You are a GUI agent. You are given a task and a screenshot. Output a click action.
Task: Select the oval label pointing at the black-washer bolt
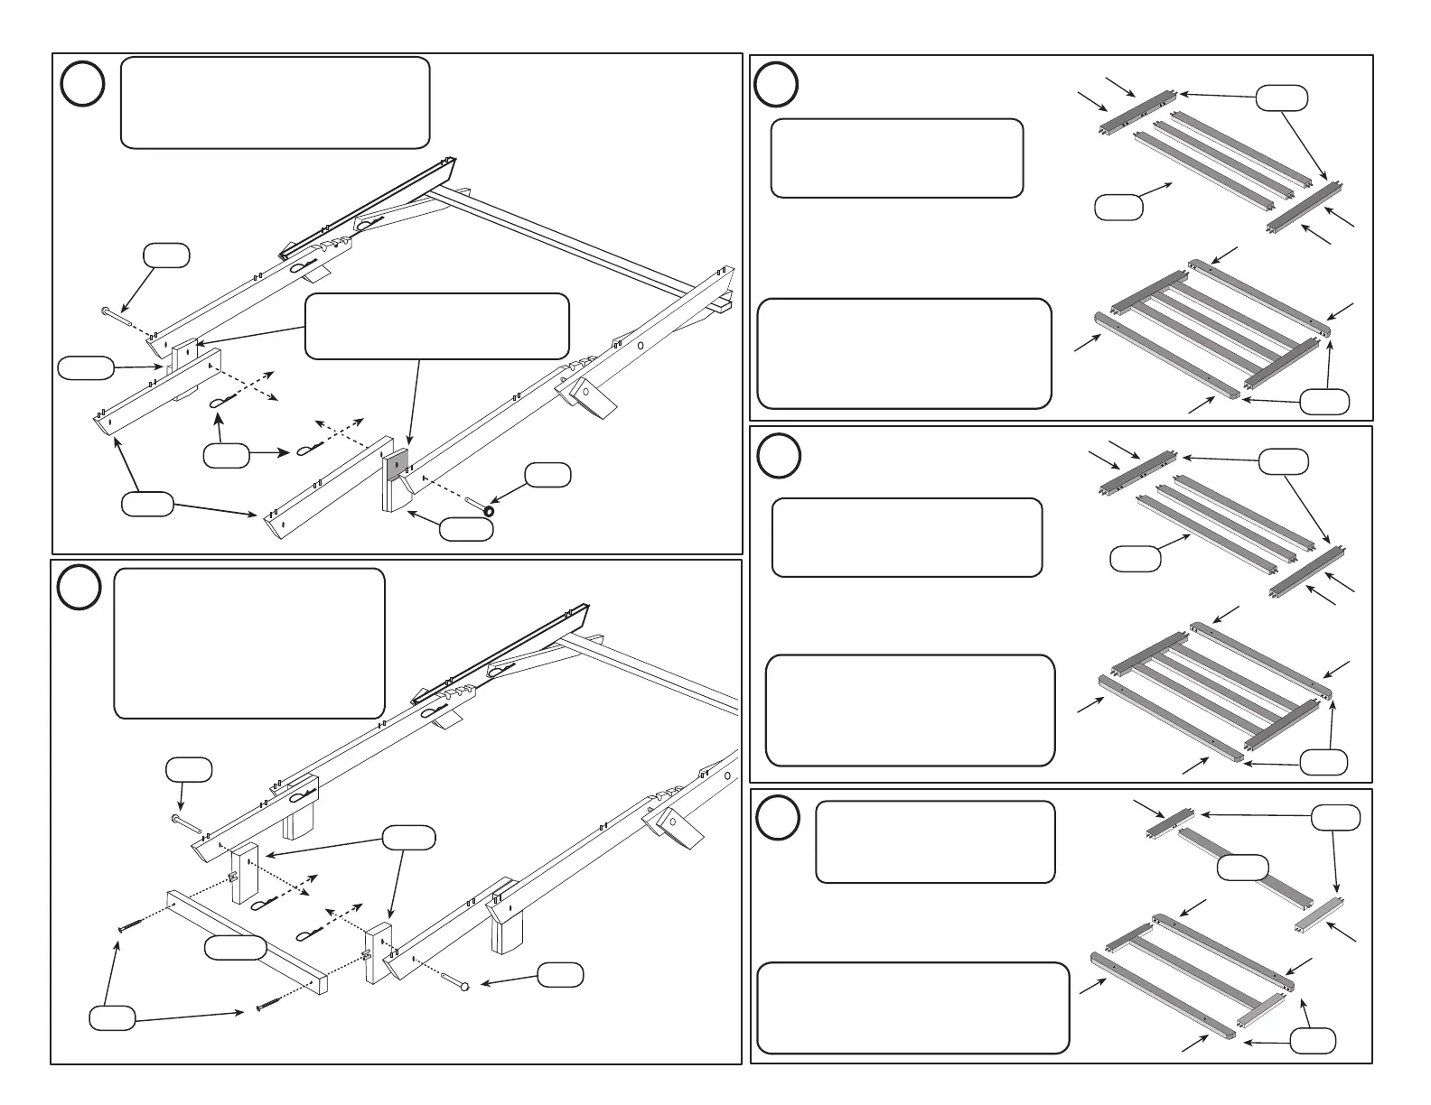(x=547, y=475)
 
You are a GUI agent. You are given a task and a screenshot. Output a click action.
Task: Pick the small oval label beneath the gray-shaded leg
(x=466, y=530)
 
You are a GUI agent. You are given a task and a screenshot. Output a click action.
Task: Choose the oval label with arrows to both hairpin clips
(x=226, y=457)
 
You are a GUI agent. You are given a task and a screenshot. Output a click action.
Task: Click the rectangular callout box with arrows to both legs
(x=437, y=326)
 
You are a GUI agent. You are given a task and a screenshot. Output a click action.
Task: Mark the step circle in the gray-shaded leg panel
(x=82, y=84)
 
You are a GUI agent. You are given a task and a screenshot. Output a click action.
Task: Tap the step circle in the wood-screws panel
(x=80, y=589)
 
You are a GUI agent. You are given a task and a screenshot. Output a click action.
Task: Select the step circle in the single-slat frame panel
(x=778, y=818)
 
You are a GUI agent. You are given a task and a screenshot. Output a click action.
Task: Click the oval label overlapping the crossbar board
(x=235, y=947)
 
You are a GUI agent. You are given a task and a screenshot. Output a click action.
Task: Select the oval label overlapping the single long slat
(x=1242, y=868)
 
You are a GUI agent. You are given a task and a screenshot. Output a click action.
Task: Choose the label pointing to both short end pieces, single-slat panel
(x=1335, y=818)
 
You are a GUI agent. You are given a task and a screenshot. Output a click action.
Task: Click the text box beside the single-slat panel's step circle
(x=934, y=841)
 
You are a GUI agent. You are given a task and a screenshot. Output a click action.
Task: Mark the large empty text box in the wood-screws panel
(x=249, y=643)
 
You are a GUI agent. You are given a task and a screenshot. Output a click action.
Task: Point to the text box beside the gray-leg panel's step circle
(x=275, y=102)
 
